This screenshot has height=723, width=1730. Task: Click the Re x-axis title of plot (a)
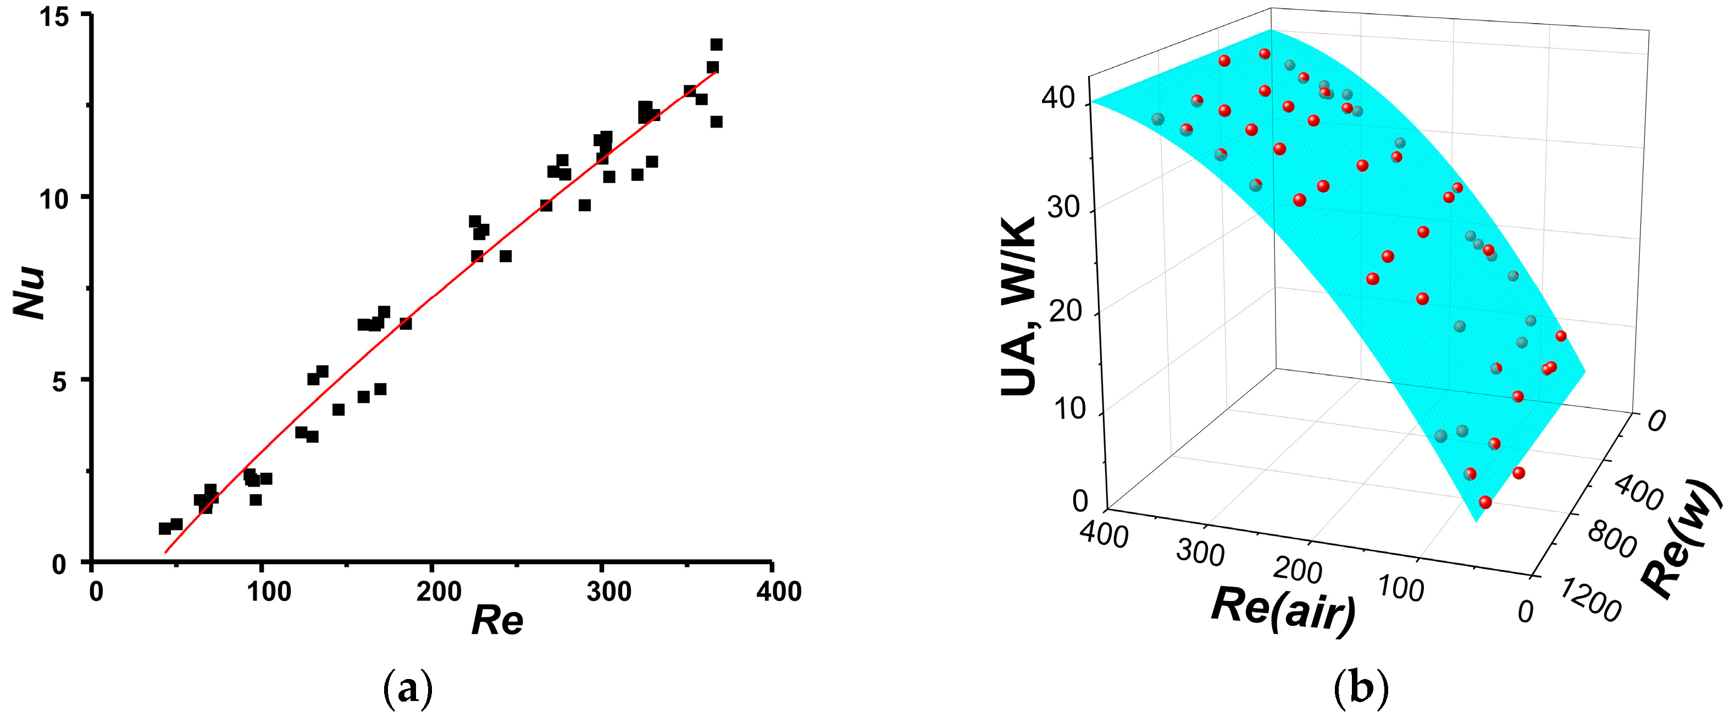pyautogui.click(x=497, y=620)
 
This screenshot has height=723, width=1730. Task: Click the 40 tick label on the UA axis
pyautogui.click(x=1058, y=99)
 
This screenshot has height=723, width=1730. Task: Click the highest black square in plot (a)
pyautogui.click(x=717, y=45)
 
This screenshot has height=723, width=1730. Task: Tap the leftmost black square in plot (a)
pyautogui.click(x=164, y=529)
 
